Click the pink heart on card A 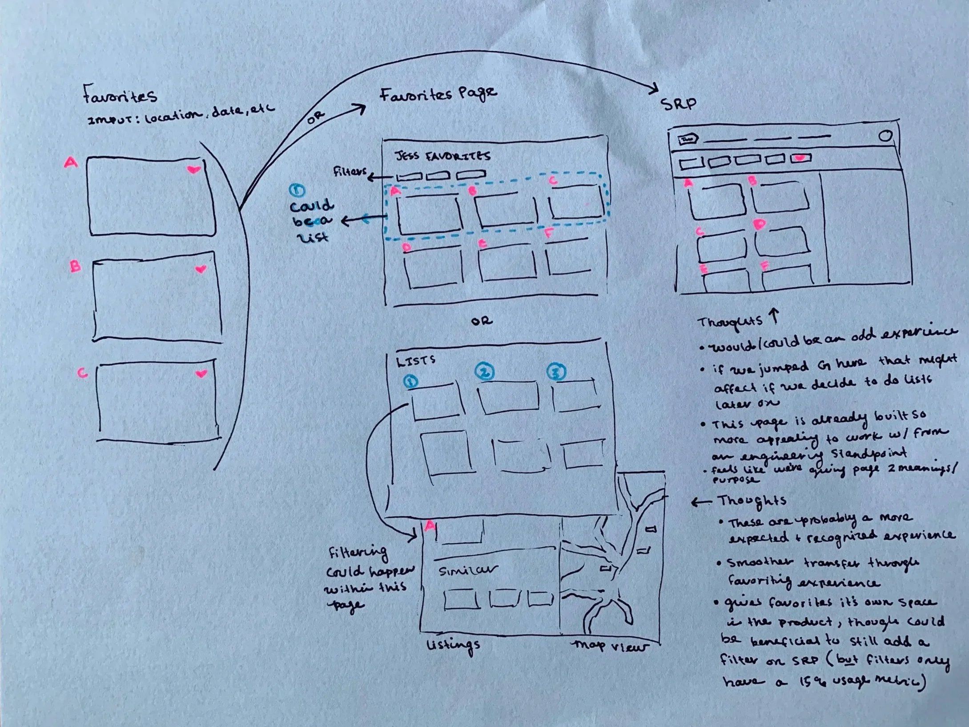[193, 170]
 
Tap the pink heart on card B [201, 269]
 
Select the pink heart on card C [201, 374]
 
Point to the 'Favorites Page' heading [438, 94]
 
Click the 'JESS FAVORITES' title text [442, 156]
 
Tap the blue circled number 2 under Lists [484, 372]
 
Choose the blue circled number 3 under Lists [556, 372]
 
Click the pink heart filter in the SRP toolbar [801, 158]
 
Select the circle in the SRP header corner [885, 136]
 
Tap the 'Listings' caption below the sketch [453, 645]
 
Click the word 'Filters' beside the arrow [350, 172]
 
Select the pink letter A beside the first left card [71, 163]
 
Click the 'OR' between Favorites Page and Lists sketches [482, 321]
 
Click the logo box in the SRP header [688, 140]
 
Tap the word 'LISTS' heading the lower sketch [416, 361]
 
